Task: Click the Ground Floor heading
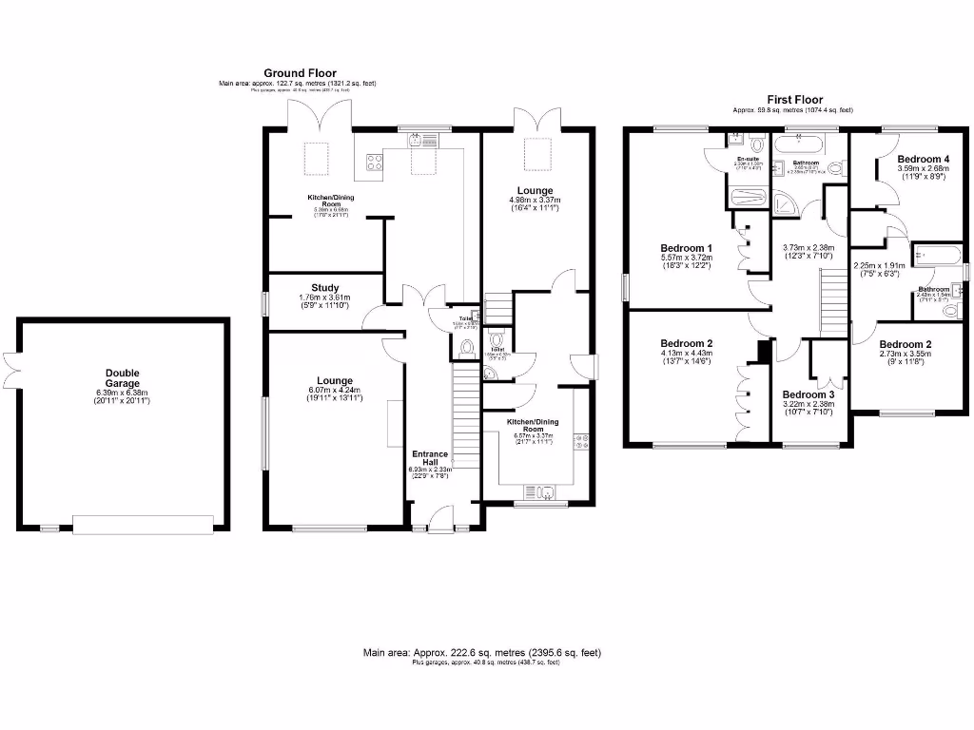(299, 73)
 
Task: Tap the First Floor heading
(794, 100)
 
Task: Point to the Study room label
(325, 287)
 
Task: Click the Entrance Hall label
(430, 458)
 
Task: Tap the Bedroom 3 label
(808, 394)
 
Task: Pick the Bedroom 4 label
(923, 159)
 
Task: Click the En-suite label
(748, 160)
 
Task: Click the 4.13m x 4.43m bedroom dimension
(687, 355)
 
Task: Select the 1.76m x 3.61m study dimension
(325, 298)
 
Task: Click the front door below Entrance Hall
(440, 521)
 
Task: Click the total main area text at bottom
(482, 653)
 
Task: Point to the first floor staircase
(833, 299)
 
